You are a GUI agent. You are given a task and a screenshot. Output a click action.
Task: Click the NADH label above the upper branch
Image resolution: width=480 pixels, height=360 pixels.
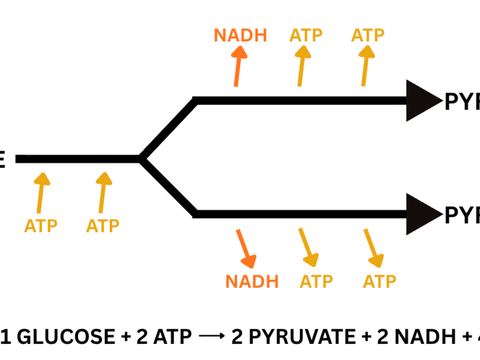(x=240, y=35)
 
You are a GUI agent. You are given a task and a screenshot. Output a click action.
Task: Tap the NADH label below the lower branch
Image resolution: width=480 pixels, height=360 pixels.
(x=252, y=281)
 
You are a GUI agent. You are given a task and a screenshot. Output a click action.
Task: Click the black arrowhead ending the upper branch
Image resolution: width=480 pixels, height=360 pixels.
(x=422, y=101)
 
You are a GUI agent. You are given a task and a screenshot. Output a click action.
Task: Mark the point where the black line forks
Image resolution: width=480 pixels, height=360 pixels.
(x=140, y=159)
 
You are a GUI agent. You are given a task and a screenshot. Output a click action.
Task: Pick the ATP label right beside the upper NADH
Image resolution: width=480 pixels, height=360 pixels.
(x=306, y=35)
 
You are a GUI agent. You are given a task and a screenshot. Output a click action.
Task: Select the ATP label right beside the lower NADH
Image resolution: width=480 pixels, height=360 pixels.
(x=316, y=281)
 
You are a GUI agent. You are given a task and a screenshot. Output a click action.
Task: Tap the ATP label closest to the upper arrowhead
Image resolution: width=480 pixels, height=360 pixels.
(x=368, y=35)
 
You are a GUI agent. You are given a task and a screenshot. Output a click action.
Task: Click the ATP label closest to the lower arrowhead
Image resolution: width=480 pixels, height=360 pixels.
(x=380, y=281)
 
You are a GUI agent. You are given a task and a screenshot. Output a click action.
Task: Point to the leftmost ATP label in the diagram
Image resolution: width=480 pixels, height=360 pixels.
(x=41, y=226)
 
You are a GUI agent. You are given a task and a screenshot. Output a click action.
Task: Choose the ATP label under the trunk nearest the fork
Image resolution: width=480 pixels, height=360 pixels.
(x=103, y=226)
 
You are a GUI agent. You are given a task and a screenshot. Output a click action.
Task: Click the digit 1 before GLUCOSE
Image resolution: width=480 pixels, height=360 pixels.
(x=7, y=337)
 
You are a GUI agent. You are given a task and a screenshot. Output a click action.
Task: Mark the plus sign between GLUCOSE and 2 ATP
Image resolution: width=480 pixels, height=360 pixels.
(x=125, y=337)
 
